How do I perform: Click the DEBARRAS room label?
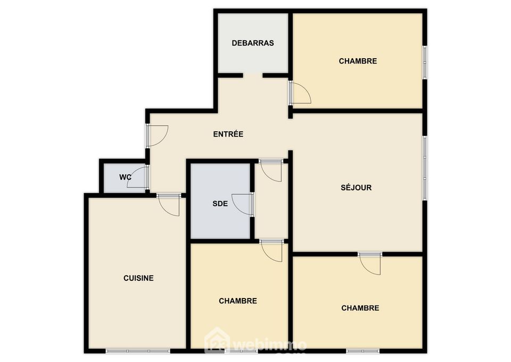252,43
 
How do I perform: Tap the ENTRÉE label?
228,134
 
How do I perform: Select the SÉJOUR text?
356,188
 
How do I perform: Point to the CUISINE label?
138,278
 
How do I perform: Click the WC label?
125,177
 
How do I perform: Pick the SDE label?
220,204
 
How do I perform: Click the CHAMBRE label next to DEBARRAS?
358,61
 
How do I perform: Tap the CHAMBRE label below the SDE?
238,301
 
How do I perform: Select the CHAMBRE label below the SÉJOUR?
360,308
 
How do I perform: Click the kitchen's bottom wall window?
138,351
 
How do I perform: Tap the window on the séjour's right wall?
425,168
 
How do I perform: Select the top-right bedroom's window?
425,62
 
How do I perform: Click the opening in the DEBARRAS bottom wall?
253,75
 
